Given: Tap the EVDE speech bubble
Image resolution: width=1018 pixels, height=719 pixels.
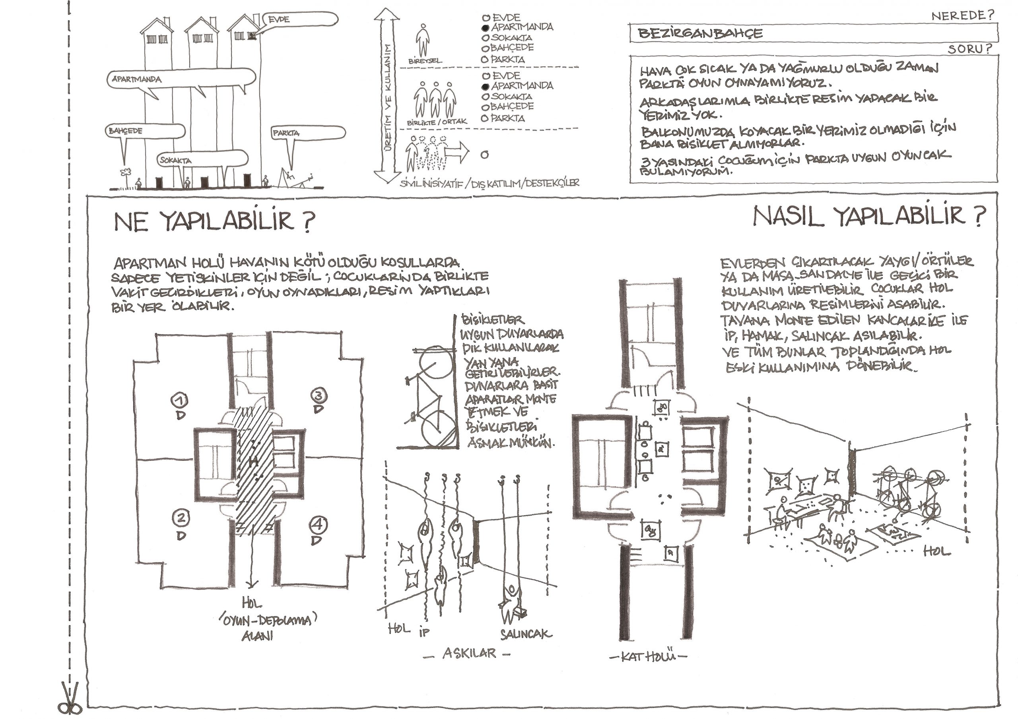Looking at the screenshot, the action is point(301,20).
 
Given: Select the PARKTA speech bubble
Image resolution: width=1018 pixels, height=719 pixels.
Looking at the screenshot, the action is point(309,132).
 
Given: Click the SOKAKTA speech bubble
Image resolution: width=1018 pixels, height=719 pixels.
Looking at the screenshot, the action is point(202,159).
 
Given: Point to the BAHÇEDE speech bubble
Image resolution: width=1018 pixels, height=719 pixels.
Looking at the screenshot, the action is point(144,131).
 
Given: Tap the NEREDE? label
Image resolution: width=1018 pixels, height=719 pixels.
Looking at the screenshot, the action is point(962,16).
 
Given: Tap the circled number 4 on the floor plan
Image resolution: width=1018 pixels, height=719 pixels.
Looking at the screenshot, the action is point(318,526).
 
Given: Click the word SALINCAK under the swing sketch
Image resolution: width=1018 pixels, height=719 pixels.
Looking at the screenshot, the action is point(526,634).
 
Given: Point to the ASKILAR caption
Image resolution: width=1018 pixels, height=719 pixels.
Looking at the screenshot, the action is point(469,653).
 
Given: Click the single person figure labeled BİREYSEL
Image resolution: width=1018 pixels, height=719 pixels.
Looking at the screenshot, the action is point(423,40).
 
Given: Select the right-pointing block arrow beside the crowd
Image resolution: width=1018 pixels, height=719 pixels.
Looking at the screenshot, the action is point(456,153).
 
